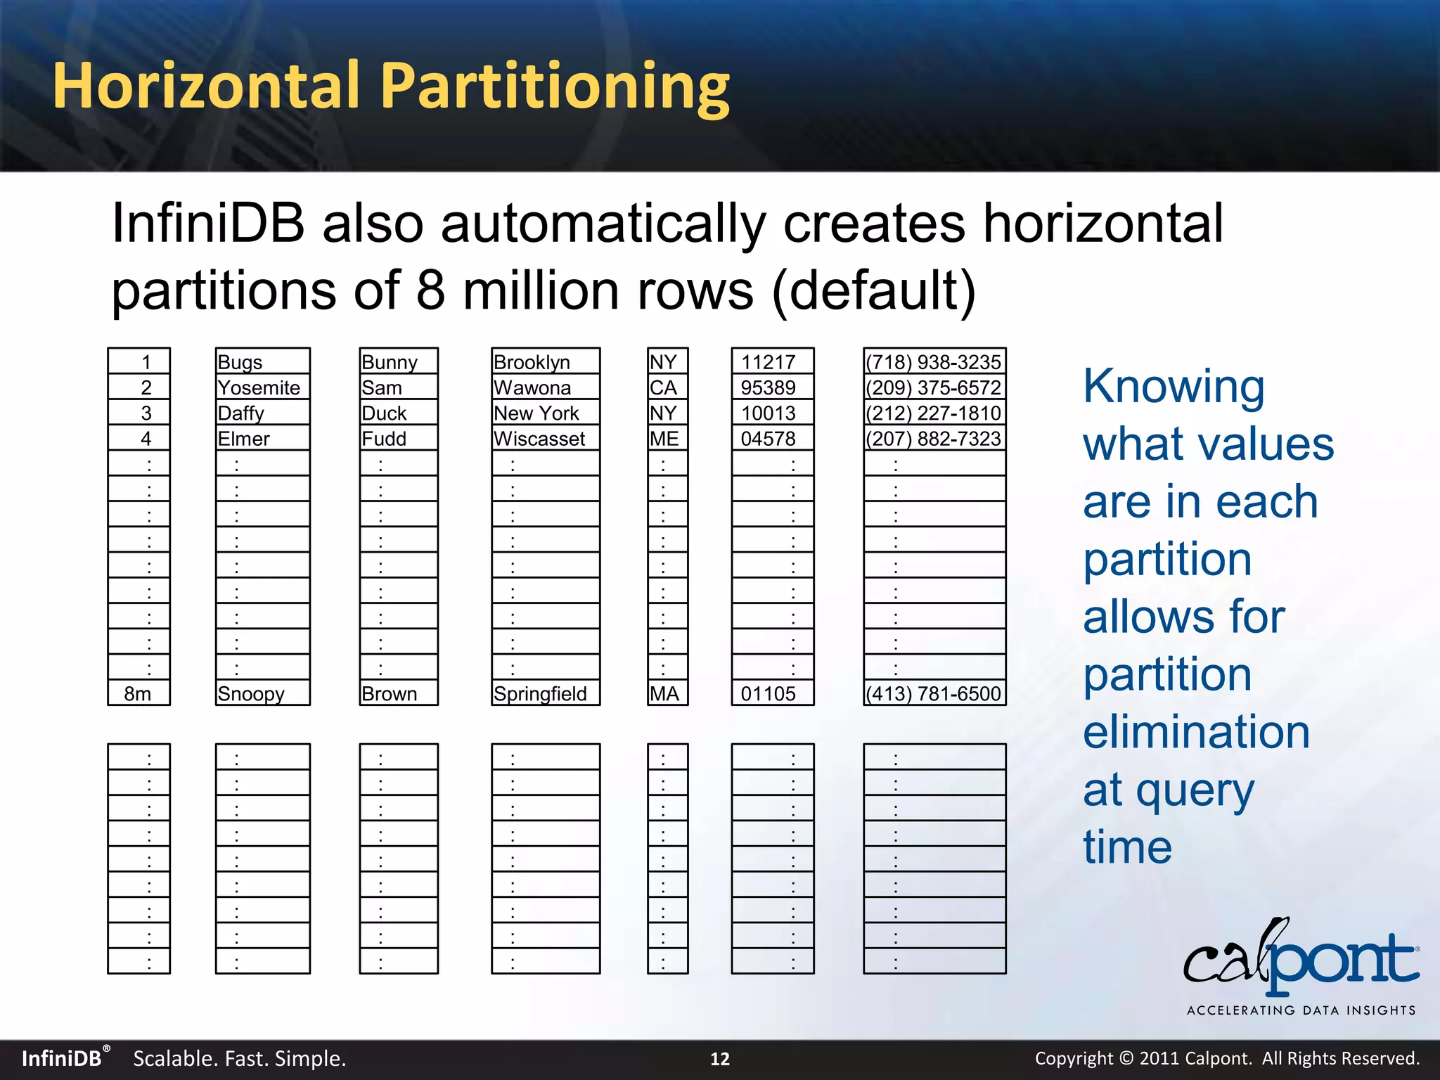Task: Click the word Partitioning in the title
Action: pos(555,88)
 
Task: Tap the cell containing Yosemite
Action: pos(262,387)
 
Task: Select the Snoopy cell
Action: pos(262,693)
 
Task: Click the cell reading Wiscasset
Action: pos(545,439)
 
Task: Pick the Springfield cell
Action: pos(545,693)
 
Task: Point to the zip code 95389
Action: pos(771,387)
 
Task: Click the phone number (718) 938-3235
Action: pos(934,362)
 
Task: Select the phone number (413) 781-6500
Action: pos(934,693)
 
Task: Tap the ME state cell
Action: pos(667,439)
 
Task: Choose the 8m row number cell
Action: pos(139,693)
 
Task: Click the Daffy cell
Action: pos(262,413)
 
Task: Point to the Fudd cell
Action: pos(398,439)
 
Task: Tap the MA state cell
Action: pos(667,693)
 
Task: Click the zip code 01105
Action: pos(771,693)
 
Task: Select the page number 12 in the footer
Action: pos(720,1059)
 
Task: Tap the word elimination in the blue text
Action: pos(1196,732)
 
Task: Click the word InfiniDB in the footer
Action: pos(62,1059)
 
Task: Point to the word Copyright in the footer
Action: pos(1074,1059)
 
